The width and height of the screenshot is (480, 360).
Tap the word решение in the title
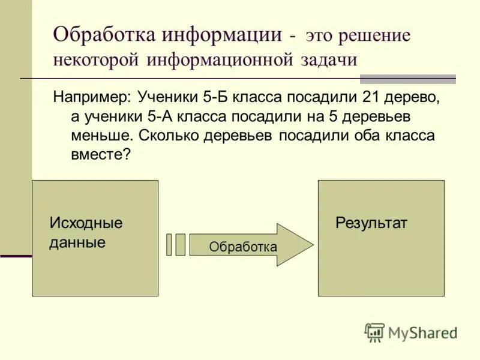click(x=375, y=35)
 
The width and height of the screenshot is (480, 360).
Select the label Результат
click(x=371, y=223)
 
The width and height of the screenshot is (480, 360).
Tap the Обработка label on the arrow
click(x=243, y=247)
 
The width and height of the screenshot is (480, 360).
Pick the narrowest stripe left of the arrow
click(x=169, y=245)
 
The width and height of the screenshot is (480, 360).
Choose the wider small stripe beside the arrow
click(x=181, y=245)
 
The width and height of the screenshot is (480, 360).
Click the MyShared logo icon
click(x=374, y=332)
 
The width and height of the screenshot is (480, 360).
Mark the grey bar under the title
click(x=407, y=79)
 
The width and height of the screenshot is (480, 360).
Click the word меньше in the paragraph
click(x=101, y=135)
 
